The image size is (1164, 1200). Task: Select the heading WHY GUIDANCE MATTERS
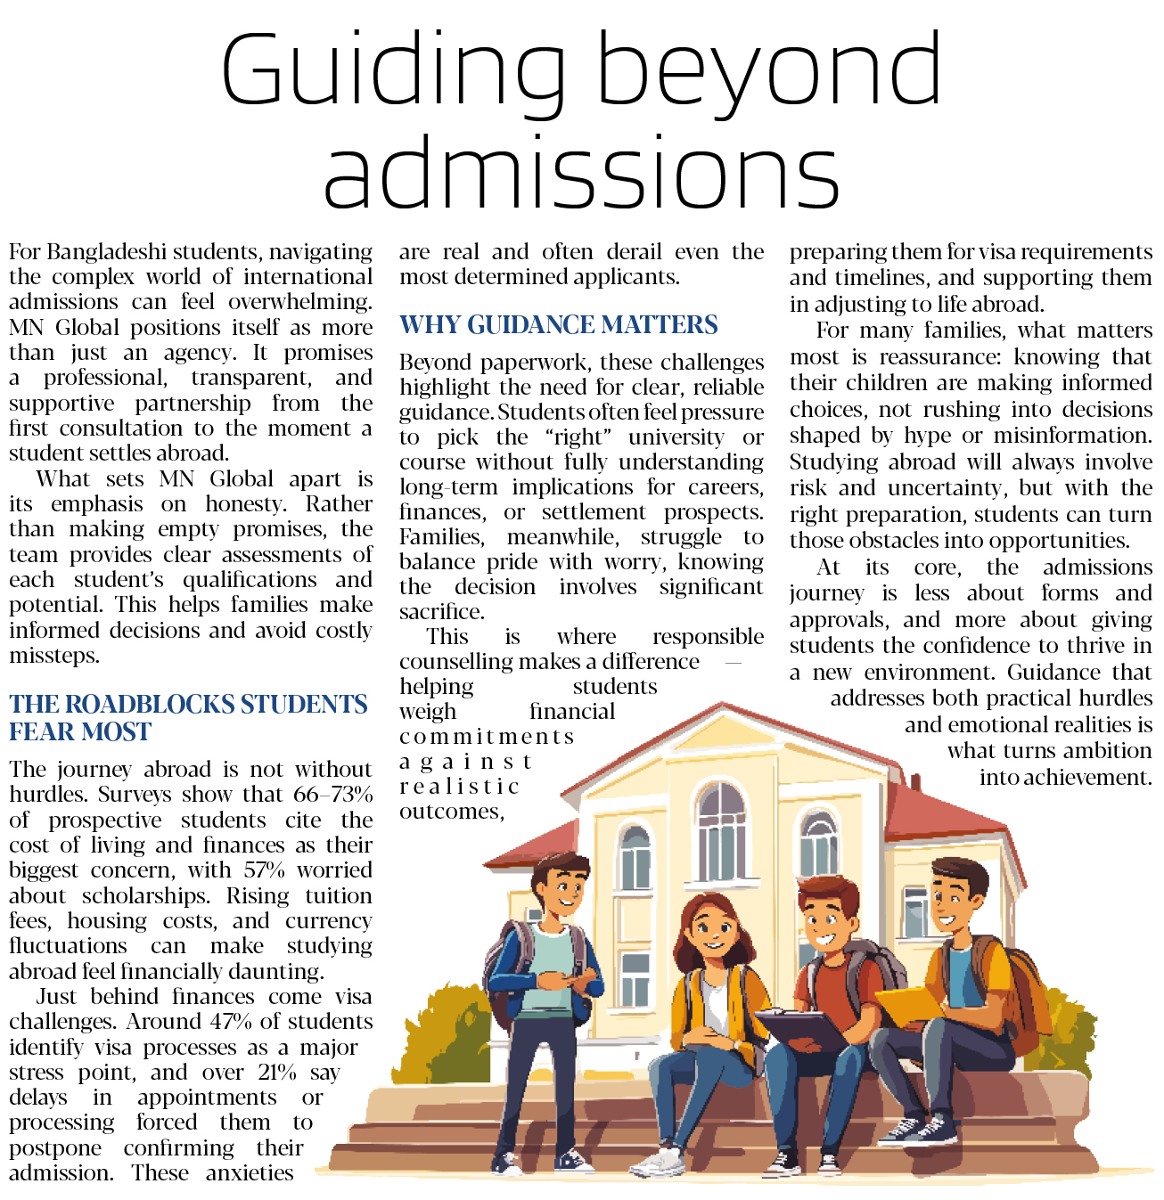pos(558,325)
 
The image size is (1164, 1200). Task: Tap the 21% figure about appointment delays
pos(276,1073)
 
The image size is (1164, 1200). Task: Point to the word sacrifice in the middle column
pos(441,612)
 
